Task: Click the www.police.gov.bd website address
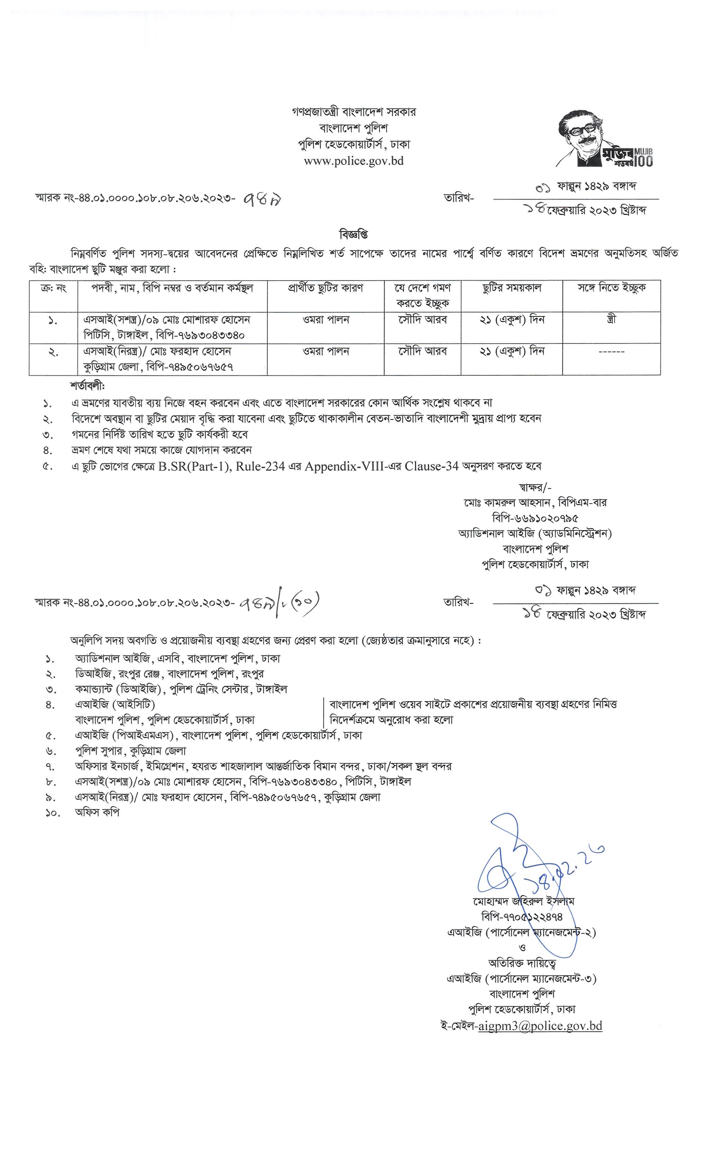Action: coord(353,161)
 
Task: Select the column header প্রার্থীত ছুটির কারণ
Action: coord(325,288)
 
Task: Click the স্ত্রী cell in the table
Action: coord(611,319)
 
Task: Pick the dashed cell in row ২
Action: coord(611,352)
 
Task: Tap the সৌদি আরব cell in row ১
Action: coord(422,319)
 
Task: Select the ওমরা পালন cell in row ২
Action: coord(326,352)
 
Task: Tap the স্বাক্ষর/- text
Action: coord(535,487)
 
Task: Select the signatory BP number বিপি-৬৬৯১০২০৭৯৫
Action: coord(535,518)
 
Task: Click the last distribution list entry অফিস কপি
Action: coord(97,812)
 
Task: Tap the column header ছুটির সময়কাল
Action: coord(512,288)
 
